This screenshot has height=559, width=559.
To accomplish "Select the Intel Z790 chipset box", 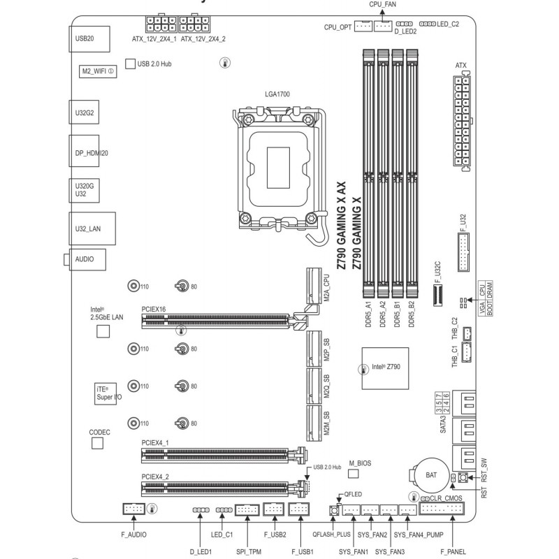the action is click(386, 368).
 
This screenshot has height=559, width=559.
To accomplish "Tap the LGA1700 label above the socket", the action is click(277, 94).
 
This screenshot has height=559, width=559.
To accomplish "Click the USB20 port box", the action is click(89, 39).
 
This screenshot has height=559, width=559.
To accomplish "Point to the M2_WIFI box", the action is click(98, 71).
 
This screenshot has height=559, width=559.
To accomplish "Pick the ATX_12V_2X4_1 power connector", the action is click(161, 24).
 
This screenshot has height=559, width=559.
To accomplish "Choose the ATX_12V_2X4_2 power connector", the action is click(194, 24).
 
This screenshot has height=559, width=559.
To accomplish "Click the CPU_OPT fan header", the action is click(363, 26).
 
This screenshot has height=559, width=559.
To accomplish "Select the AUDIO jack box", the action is click(87, 259).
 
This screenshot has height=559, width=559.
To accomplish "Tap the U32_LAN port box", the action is click(92, 228).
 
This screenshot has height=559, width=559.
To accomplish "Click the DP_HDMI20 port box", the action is click(84, 151).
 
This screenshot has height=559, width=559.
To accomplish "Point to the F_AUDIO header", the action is click(134, 509).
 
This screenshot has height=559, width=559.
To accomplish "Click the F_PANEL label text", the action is click(453, 551).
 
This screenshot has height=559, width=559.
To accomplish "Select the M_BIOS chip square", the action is click(353, 474).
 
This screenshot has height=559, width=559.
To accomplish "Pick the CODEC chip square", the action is click(97, 443).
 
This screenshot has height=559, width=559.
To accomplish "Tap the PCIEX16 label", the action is click(154, 309).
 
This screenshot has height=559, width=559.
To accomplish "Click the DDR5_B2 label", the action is click(412, 314).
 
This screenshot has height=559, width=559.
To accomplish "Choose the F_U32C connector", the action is click(437, 296).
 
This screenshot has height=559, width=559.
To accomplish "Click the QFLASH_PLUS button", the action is click(334, 511).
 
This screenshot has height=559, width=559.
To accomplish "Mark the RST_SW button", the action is click(463, 477).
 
